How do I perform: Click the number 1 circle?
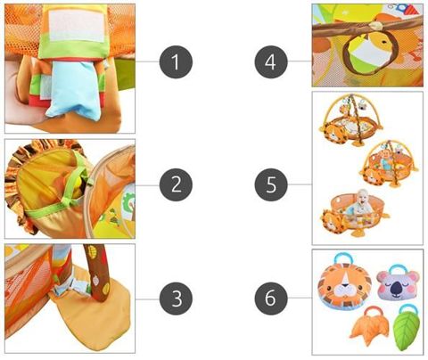[x=176, y=61]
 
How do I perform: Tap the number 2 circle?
[x=176, y=184]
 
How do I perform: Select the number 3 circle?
[x=176, y=299]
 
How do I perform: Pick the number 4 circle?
[x=271, y=61]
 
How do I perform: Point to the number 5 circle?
[x=271, y=184]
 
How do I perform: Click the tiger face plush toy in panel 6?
[x=345, y=284]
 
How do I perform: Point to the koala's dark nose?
[x=397, y=287]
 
